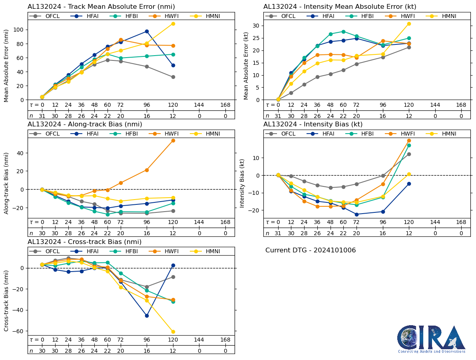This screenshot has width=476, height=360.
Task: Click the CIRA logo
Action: pyautogui.click(x=431, y=339)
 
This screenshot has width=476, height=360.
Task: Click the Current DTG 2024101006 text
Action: pyautogui.click(x=311, y=250)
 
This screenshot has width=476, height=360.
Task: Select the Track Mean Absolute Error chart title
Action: pyautogui.click(x=101, y=7)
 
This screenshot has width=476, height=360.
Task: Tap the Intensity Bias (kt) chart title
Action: pyautogui.click(x=313, y=124)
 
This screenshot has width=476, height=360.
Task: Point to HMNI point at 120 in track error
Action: pyautogui.click(x=173, y=24)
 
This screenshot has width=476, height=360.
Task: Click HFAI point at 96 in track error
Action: pyautogui.click(x=147, y=31)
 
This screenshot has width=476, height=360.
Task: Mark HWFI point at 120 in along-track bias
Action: pyautogui.click(x=173, y=140)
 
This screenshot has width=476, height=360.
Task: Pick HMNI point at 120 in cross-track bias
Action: pyautogui.click(x=173, y=332)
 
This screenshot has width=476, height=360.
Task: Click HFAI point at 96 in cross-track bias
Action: pyautogui.click(x=147, y=316)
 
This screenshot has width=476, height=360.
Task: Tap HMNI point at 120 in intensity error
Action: pyautogui.click(x=409, y=24)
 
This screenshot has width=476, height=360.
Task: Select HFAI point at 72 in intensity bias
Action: pyautogui.click(x=357, y=214)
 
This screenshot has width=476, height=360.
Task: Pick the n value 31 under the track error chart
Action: pyautogui.click(x=42, y=116)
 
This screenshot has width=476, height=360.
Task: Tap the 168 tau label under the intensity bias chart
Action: pyautogui.click(x=461, y=222)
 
